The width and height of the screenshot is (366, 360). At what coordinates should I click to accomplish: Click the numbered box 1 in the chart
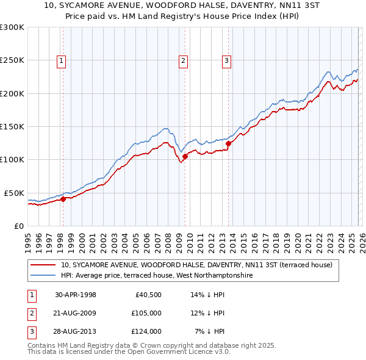pyautogui.click(x=63, y=60)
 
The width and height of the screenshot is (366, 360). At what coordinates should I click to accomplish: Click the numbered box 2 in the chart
pyautogui.click(x=184, y=60)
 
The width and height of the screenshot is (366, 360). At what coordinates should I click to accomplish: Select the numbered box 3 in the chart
pyautogui.click(x=226, y=60)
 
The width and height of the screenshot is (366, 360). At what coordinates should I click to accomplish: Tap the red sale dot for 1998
pyautogui.click(x=63, y=198)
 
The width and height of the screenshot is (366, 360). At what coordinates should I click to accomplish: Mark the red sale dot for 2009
pyautogui.click(x=184, y=156)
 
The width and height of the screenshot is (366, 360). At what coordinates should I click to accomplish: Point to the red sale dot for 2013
pyautogui.click(x=228, y=144)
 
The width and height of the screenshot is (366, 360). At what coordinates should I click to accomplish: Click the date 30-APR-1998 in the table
pyautogui.click(x=75, y=295)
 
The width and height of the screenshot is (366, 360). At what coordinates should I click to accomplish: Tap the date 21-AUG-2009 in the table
pyautogui.click(x=75, y=313)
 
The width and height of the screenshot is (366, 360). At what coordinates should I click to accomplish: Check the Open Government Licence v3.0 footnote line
pyautogui.click(x=129, y=352)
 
